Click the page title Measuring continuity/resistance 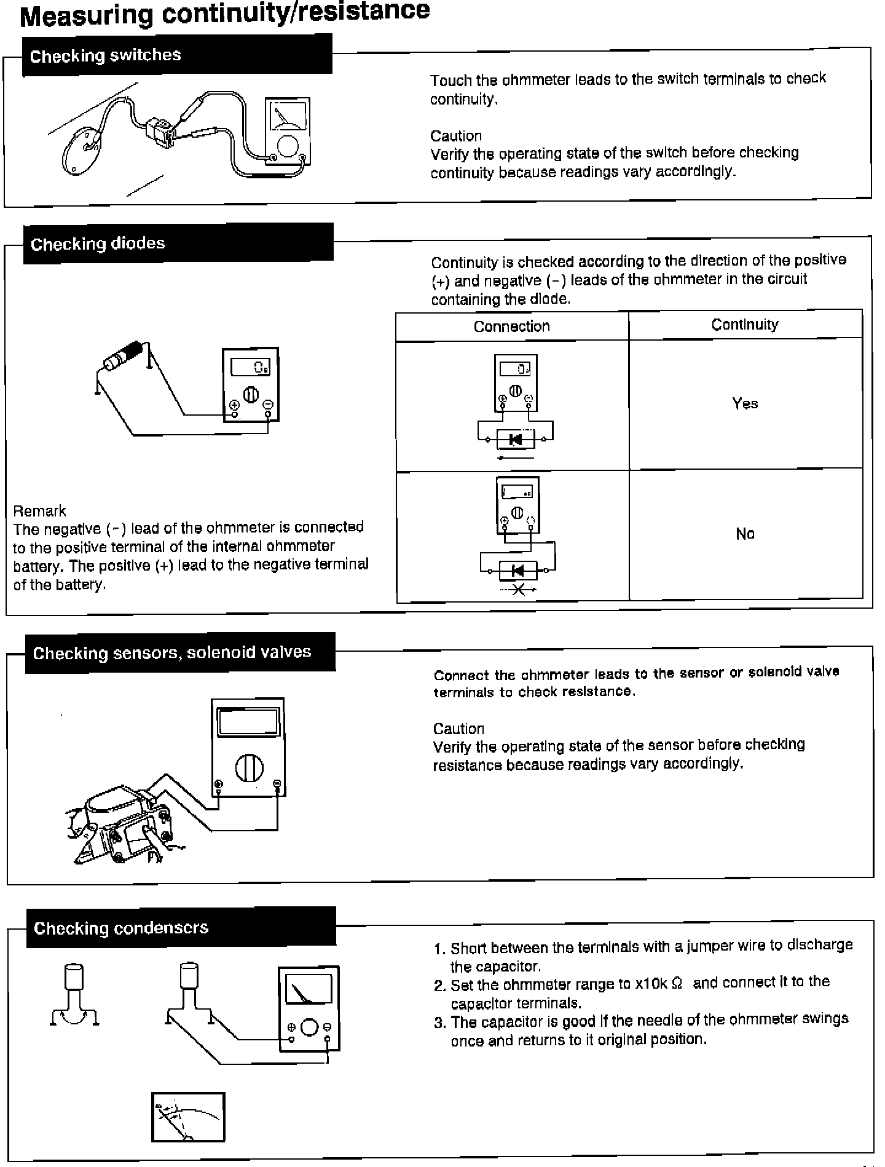[x=225, y=14]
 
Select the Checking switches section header [x=106, y=55]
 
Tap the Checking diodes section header [x=98, y=243]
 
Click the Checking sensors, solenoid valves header [x=172, y=652]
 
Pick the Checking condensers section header [x=121, y=928]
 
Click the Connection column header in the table [x=511, y=326]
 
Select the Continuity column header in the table [x=745, y=325]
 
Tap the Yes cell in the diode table [x=745, y=404]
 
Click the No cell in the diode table [x=745, y=534]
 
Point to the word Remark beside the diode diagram [x=39, y=511]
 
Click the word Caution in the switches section [x=456, y=136]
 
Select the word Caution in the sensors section [x=458, y=729]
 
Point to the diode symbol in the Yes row [x=516, y=439]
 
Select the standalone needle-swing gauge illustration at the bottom [x=188, y=1117]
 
